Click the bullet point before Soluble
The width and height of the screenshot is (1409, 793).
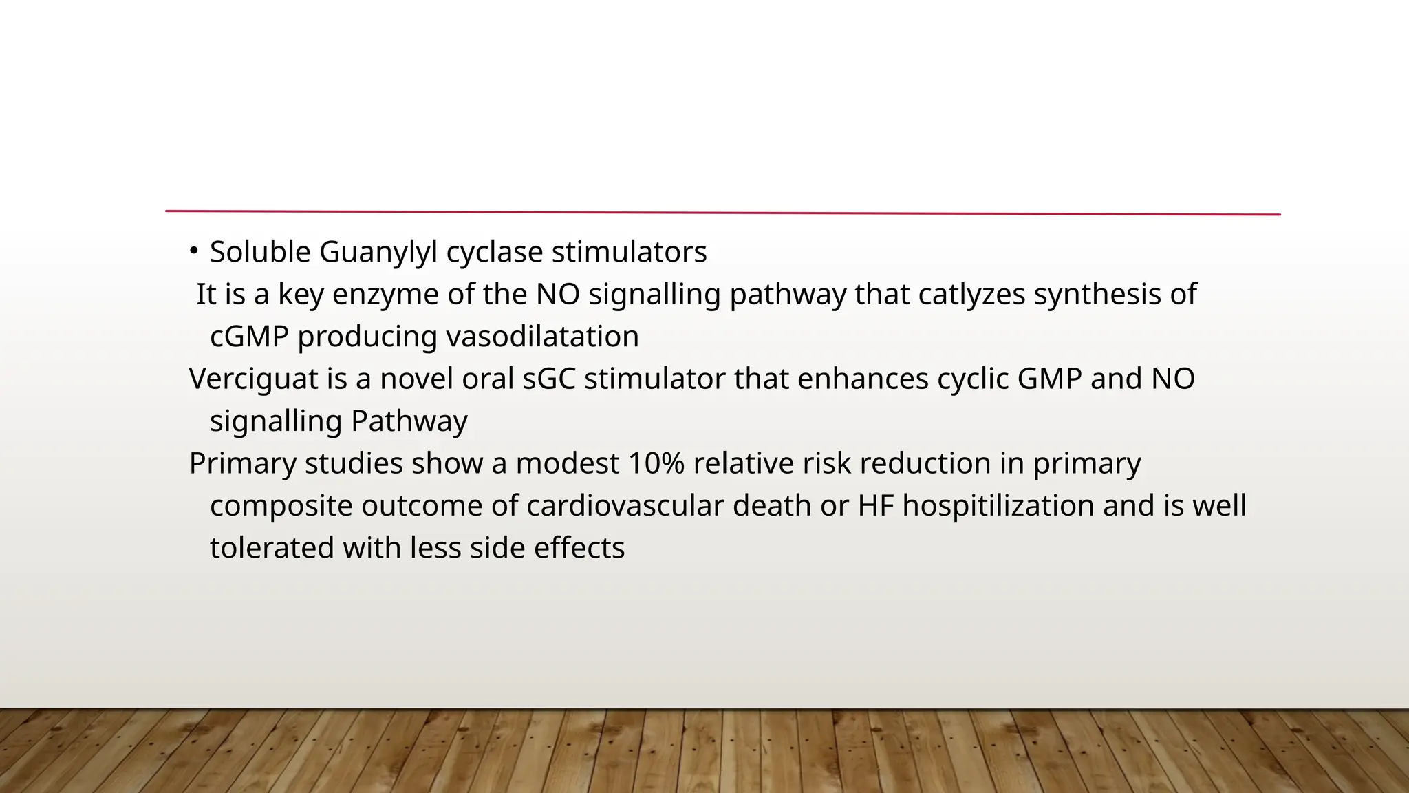click(194, 250)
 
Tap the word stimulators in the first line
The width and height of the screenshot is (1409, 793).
click(629, 252)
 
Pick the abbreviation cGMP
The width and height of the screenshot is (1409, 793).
click(249, 337)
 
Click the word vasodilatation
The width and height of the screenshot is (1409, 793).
click(543, 337)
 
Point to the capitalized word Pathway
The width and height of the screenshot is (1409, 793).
click(409, 421)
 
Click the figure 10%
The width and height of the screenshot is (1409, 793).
click(656, 463)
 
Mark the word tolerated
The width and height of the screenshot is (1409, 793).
click(272, 548)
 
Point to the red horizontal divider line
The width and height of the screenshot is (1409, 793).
click(722, 213)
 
